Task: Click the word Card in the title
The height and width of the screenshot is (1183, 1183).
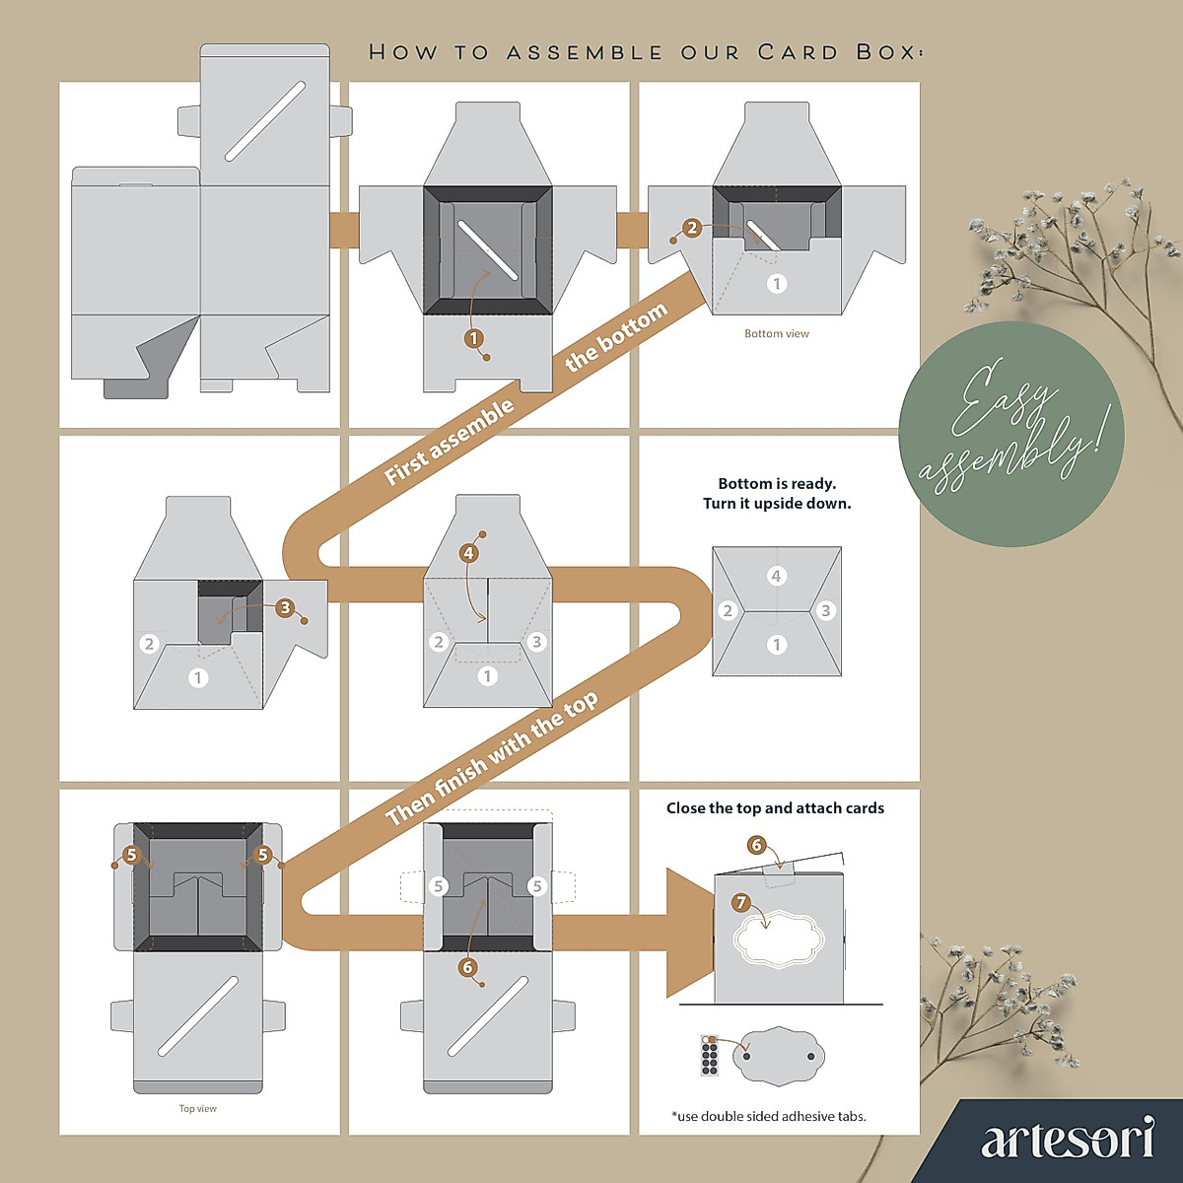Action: point(798,52)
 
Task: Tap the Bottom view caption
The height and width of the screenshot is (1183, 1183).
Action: point(777,334)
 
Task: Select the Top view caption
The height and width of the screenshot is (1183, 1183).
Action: point(197,1109)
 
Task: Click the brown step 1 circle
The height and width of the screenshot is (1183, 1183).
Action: point(474,338)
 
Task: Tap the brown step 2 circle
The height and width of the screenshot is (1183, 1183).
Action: point(692,228)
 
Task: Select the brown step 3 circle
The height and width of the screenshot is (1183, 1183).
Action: point(285,607)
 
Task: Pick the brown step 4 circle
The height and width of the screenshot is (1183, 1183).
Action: point(468,553)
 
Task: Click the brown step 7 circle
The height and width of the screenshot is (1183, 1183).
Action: point(741,902)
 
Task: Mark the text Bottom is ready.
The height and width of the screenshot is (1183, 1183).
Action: point(777,484)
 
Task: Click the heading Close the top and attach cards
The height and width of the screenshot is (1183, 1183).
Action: point(775,808)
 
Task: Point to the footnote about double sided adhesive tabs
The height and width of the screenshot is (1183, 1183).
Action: point(769,1117)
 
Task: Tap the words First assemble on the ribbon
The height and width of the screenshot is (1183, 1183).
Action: point(450,442)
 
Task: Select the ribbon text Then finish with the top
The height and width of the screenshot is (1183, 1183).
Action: point(492,758)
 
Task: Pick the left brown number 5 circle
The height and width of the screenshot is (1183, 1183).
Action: point(132,855)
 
